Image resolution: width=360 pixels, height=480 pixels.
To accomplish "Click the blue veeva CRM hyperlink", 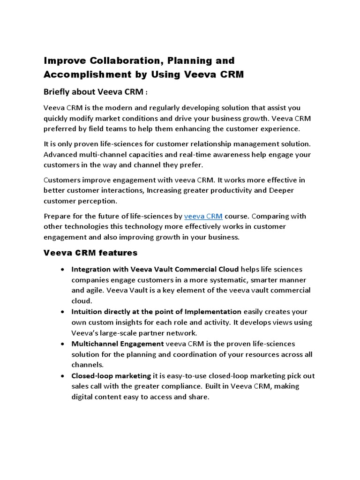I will tap(203, 216).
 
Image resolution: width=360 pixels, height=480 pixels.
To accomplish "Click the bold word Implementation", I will tap(213, 312).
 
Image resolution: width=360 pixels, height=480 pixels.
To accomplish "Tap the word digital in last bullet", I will tap(82, 397).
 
